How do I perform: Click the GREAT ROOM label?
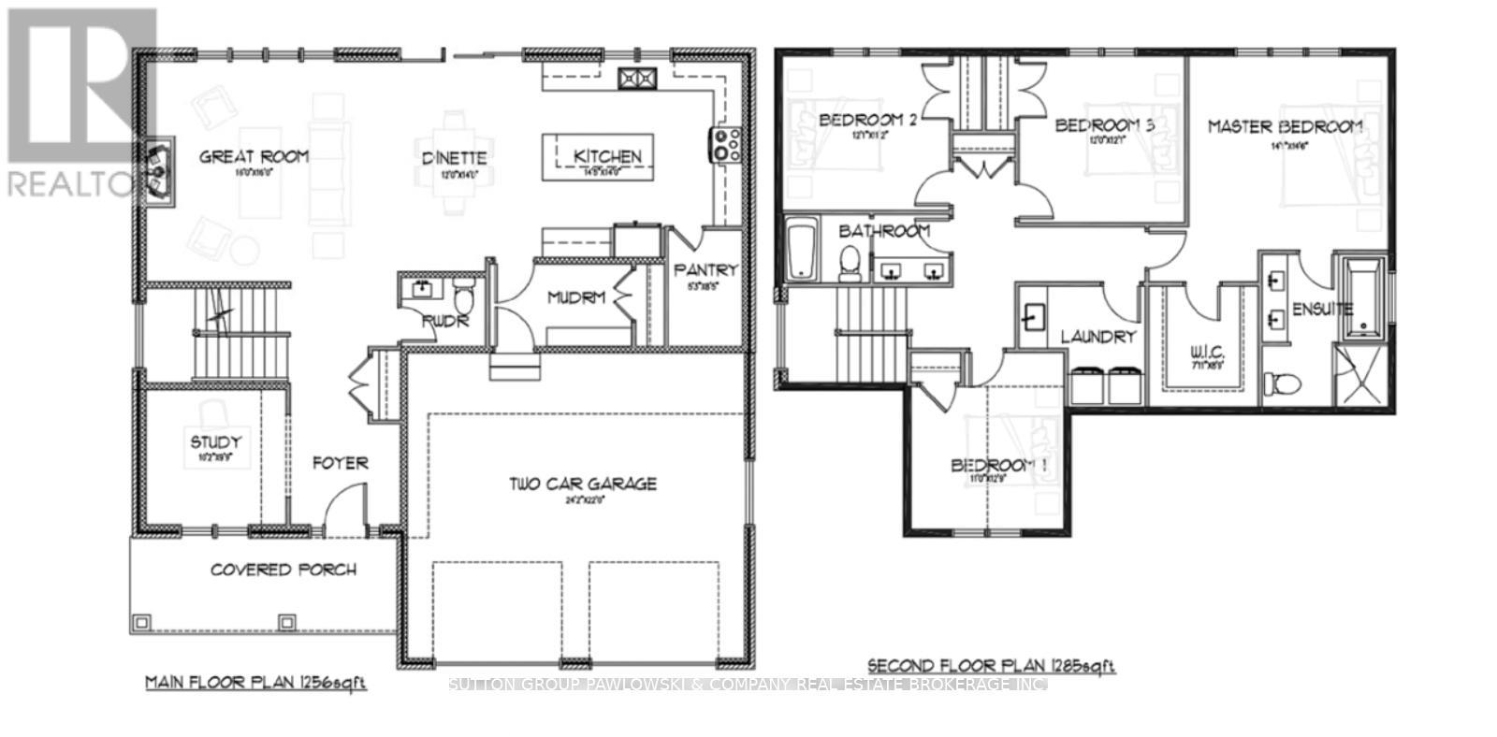tap(254, 156)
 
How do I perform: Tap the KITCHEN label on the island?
tap(607, 156)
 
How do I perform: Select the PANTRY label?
tap(705, 270)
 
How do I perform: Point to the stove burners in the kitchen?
tap(728, 144)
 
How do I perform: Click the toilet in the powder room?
tap(463, 298)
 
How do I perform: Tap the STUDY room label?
tap(216, 441)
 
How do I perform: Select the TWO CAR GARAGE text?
tap(583, 484)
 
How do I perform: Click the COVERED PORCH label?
tap(283, 569)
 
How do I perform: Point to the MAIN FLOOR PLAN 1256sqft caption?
tap(255, 683)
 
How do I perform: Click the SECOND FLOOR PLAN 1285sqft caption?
tap(992, 666)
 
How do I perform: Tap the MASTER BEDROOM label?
tap(1285, 126)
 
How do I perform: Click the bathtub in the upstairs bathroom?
tap(801, 249)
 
